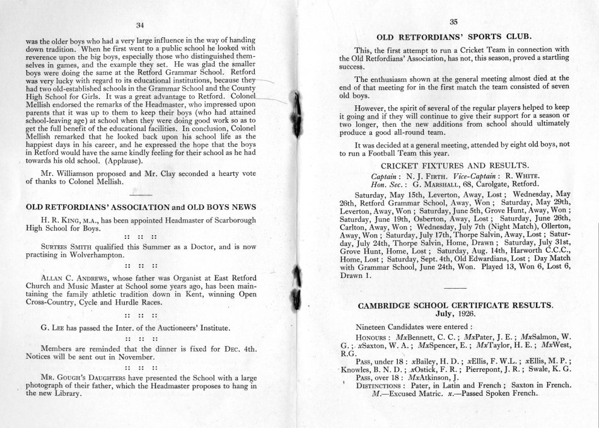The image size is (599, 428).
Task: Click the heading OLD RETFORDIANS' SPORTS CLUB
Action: point(451,35)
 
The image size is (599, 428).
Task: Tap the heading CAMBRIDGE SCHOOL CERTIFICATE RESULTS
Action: point(456,306)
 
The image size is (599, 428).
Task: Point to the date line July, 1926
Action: point(456,313)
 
